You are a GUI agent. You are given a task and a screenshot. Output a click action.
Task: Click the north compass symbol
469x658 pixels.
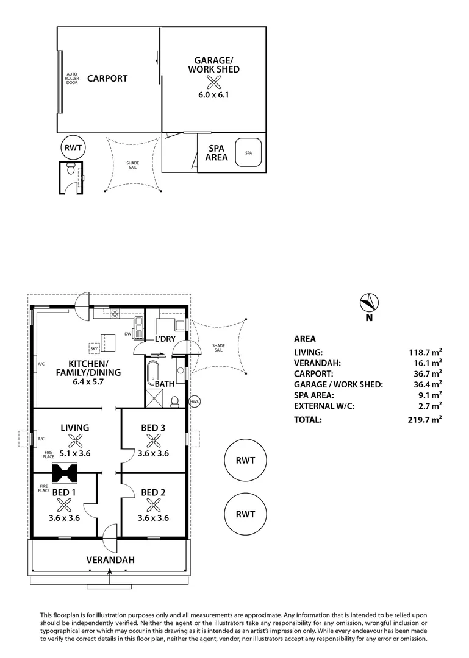click(369, 303)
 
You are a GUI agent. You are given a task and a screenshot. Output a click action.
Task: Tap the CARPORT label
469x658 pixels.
click(107, 78)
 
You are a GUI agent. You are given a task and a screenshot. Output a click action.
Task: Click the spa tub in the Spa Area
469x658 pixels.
click(248, 153)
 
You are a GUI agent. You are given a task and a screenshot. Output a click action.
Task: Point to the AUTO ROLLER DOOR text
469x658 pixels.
click(72, 78)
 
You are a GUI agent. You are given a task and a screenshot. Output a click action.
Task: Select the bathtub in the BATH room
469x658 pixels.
click(152, 370)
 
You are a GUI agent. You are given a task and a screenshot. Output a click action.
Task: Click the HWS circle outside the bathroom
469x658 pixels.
click(195, 401)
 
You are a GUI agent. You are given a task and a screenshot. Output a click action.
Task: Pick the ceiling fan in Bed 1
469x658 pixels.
click(64, 504)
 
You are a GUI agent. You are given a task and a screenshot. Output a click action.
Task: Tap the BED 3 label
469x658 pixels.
click(153, 428)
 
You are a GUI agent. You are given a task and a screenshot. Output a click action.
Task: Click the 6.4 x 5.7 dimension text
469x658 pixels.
click(88, 383)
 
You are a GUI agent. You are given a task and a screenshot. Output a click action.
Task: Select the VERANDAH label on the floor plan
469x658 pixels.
click(110, 560)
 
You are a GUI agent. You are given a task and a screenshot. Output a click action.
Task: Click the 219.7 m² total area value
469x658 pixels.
click(424, 419)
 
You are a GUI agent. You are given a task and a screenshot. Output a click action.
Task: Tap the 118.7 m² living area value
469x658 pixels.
click(424, 352)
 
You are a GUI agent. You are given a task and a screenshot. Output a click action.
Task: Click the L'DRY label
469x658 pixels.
click(165, 339)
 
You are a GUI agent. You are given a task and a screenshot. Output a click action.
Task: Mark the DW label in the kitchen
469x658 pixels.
click(127, 334)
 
